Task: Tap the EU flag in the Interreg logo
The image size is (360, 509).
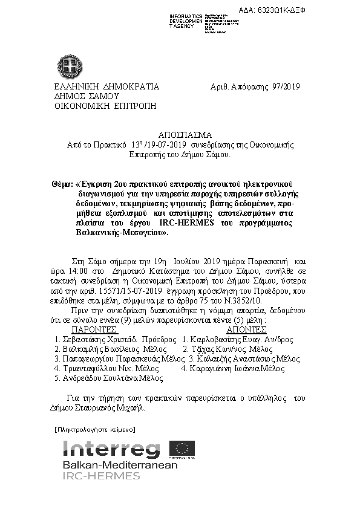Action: [x=182, y=449]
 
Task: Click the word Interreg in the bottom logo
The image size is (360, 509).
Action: [x=111, y=449]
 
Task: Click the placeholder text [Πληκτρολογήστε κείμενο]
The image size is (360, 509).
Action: [x=94, y=429]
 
